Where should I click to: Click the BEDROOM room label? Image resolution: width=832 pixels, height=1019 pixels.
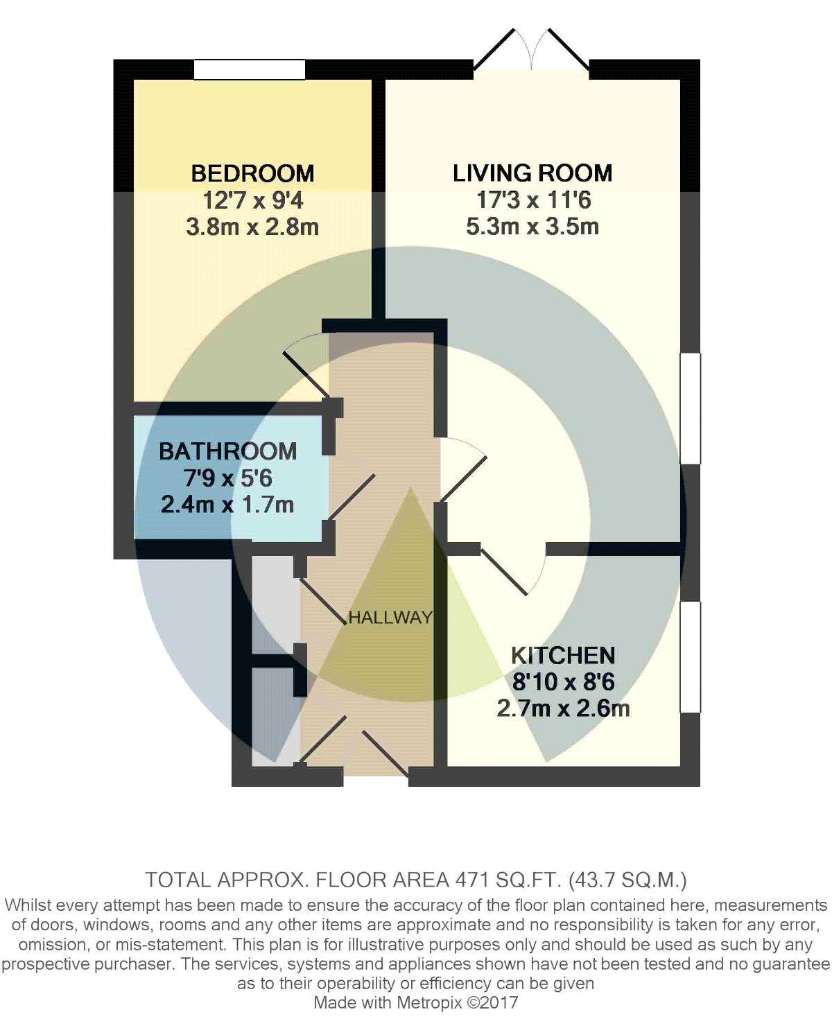(253, 173)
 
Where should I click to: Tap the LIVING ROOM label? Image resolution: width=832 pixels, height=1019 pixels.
(532, 173)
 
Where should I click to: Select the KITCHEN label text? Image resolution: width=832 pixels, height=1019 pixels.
(563, 655)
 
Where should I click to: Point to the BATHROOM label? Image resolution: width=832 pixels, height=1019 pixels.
(228, 451)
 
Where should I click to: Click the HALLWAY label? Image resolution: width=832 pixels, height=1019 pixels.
(390, 617)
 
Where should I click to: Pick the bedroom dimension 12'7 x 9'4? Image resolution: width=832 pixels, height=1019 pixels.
(253, 200)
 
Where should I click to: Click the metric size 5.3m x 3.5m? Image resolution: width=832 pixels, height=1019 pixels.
(532, 227)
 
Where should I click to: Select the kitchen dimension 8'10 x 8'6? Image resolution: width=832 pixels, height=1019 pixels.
(563, 682)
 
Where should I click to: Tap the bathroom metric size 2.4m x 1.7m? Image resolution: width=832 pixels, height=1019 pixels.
(227, 505)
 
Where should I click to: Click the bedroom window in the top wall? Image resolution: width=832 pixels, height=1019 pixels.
(249, 69)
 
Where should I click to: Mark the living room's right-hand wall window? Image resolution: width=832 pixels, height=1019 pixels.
(691, 408)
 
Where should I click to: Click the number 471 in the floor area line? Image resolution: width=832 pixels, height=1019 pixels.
(469, 880)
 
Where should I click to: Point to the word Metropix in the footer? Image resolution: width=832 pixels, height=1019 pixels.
(431, 1002)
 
